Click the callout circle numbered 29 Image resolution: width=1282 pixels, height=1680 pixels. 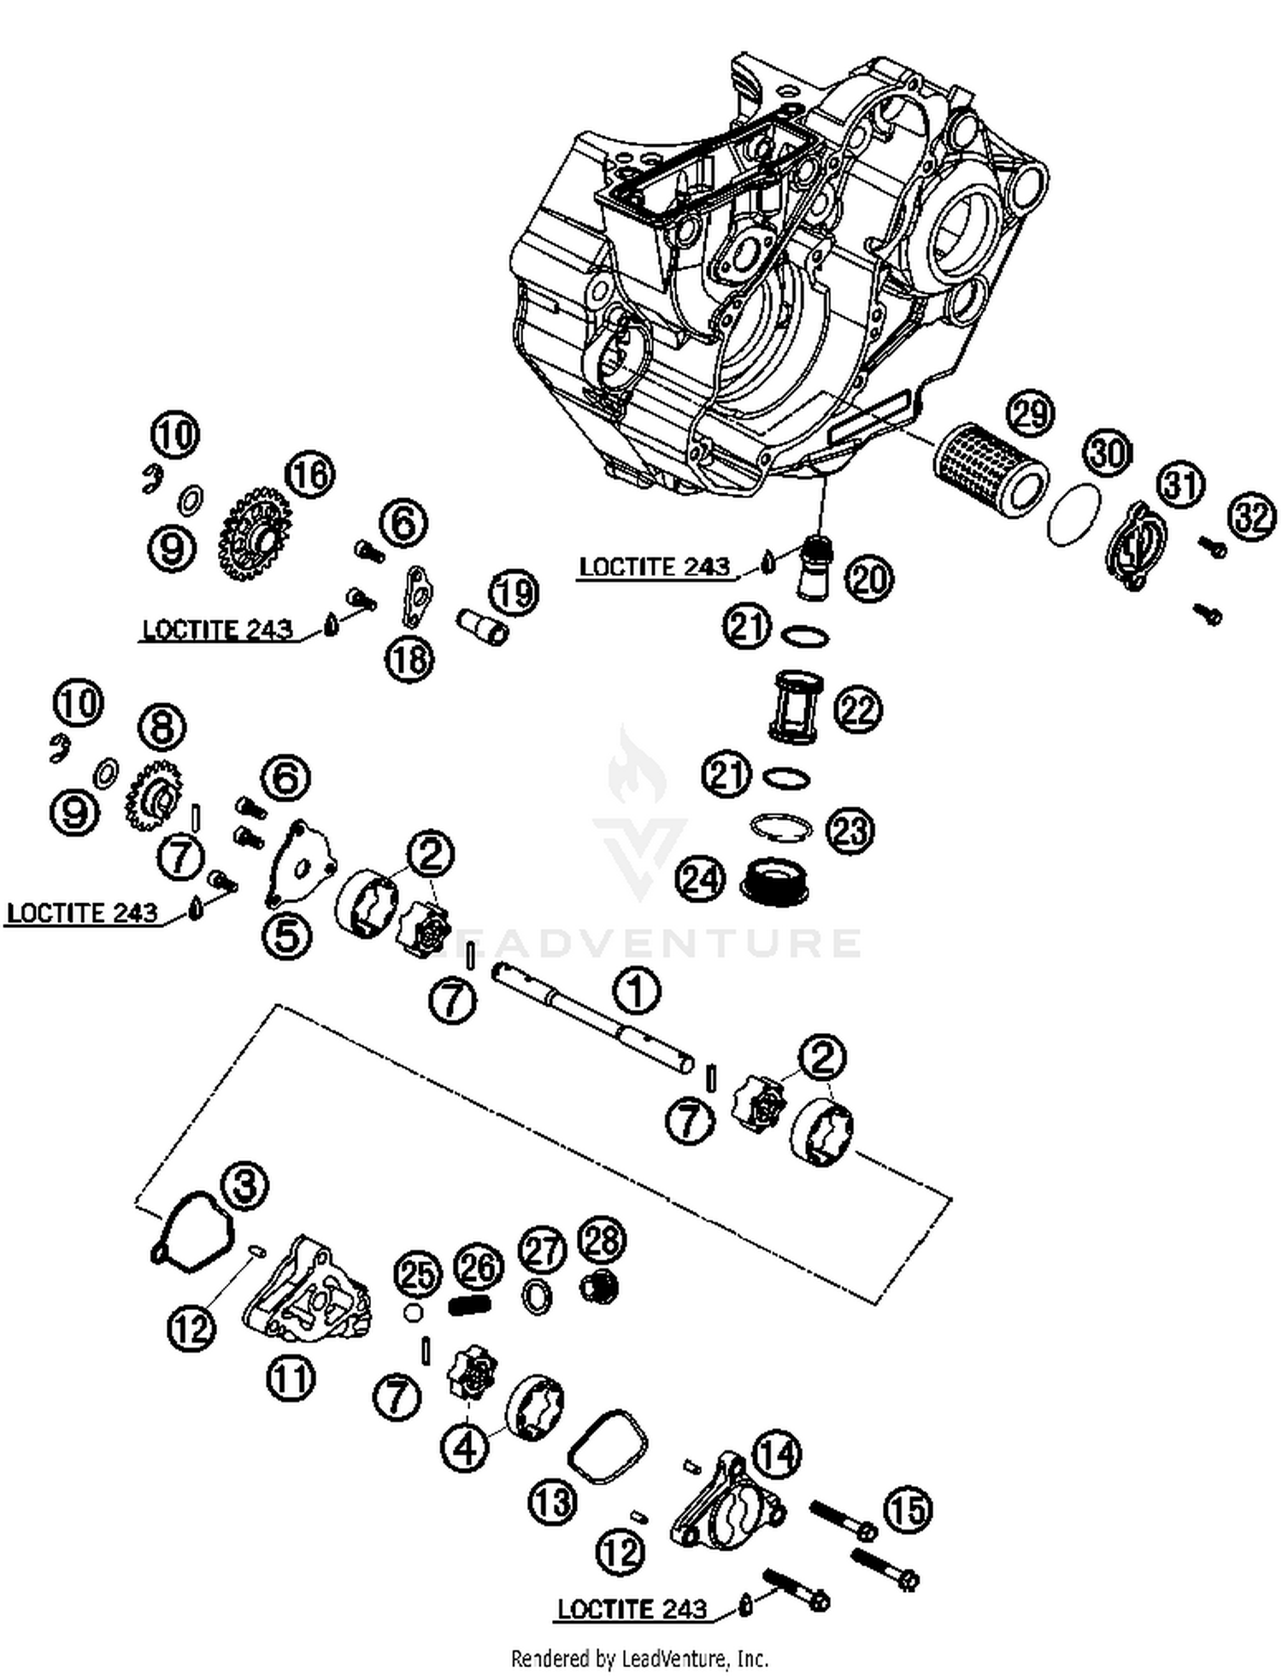coord(1031,414)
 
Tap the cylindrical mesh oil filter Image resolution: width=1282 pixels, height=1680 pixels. coord(989,472)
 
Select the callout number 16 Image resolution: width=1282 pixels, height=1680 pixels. coord(309,473)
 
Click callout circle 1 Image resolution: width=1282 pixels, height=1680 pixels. coord(636,990)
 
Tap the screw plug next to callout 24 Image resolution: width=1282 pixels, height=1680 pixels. coord(775,880)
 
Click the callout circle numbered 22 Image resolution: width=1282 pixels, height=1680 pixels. coord(858,709)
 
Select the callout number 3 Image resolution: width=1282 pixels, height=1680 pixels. coord(244,1185)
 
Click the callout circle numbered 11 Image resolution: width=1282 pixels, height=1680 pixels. coord(291,1377)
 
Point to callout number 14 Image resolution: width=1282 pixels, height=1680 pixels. coord(776,1454)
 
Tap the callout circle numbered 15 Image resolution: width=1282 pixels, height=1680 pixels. coord(906,1509)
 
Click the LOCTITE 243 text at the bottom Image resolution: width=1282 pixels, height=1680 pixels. coord(632,1609)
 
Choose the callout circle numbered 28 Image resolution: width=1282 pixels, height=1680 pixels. coord(602,1240)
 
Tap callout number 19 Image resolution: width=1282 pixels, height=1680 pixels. coord(515,592)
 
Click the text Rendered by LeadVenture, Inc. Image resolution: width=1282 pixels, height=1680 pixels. coord(639,1659)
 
